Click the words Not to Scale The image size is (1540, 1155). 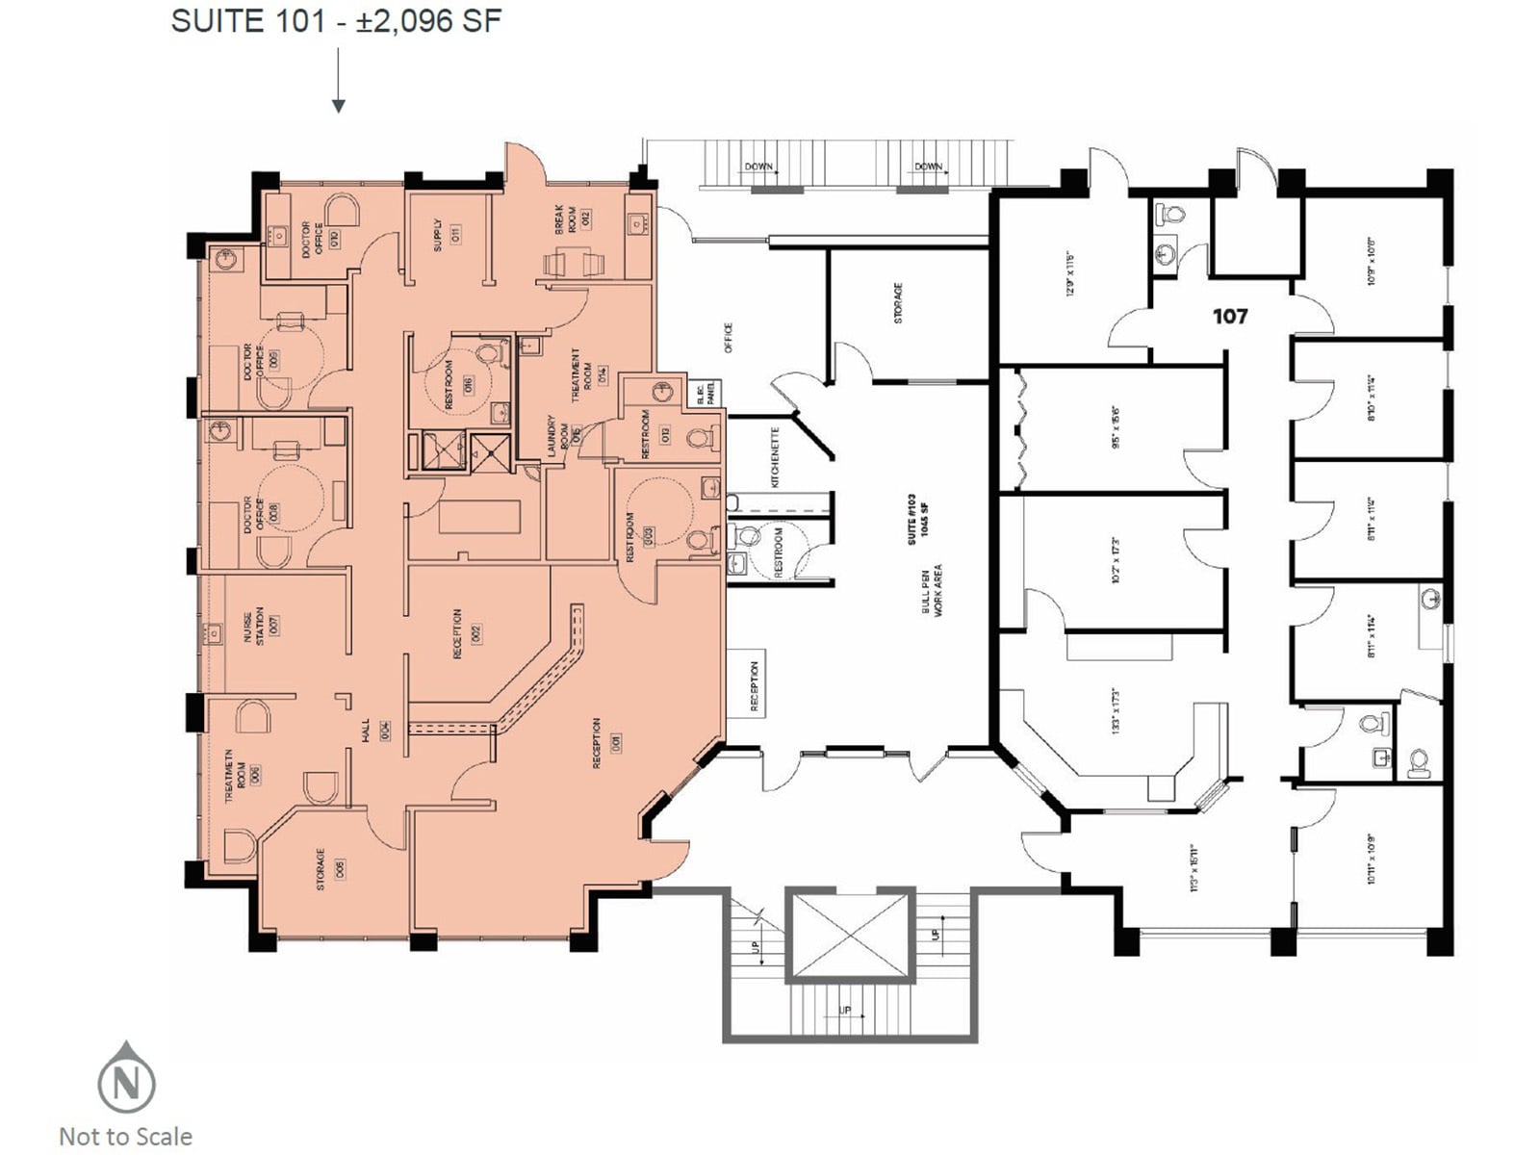tap(126, 1137)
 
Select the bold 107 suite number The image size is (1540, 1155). tap(1229, 316)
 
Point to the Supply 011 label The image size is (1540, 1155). tap(446, 234)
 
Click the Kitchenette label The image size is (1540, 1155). tap(775, 456)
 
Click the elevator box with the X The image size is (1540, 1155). tap(848, 933)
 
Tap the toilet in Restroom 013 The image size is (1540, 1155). tap(699, 440)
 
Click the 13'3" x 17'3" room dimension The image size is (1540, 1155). tap(1116, 711)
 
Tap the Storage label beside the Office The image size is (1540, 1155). tap(897, 302)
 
